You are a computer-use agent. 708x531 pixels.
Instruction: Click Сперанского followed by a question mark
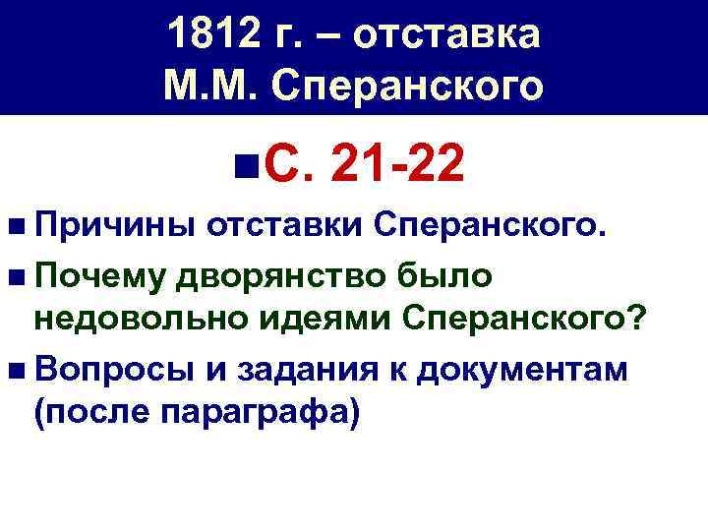524,318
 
